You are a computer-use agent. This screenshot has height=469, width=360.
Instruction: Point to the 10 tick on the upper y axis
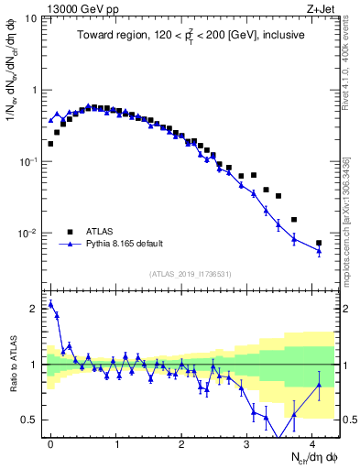click(30, 18)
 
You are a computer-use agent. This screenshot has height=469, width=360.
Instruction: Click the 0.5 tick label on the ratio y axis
click(31, 420)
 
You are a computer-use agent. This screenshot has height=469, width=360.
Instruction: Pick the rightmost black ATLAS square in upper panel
click(319, 243)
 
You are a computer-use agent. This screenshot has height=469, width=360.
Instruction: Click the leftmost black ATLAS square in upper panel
click(50, 144)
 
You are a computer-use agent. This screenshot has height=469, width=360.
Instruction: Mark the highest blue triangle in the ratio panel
click(50, 304)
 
